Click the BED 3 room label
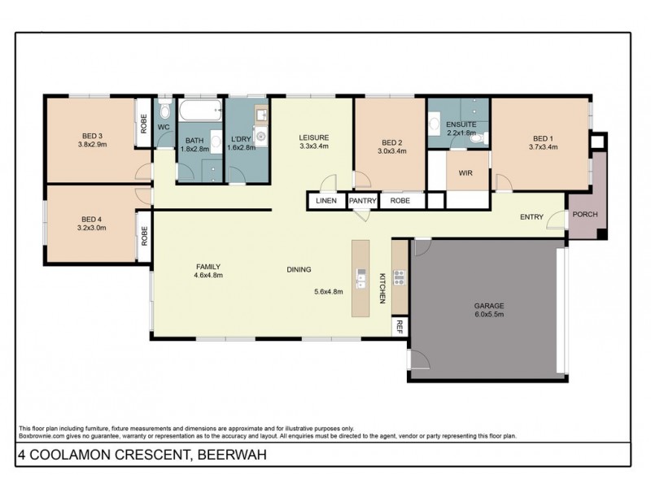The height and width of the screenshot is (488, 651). tap(91, 135)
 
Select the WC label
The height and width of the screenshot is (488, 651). tap(163, 128)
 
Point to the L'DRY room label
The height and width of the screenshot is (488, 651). tap(240, 138)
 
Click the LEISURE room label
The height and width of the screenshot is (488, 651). tap(312, 137)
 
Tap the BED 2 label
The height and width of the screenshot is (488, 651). tap(391, 140)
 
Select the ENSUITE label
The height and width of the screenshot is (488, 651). tap(459, 124)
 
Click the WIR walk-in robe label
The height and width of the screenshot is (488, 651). tap(466, 172)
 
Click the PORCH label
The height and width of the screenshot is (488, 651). tap(585, 216)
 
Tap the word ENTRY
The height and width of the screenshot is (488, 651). tap(532, 216)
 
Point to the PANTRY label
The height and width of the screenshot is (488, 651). tap(362, 200)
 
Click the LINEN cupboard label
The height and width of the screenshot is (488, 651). tap(325, 200)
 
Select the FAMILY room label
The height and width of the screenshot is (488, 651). tap(208, 266)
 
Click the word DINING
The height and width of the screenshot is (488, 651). tap(299, 270)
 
